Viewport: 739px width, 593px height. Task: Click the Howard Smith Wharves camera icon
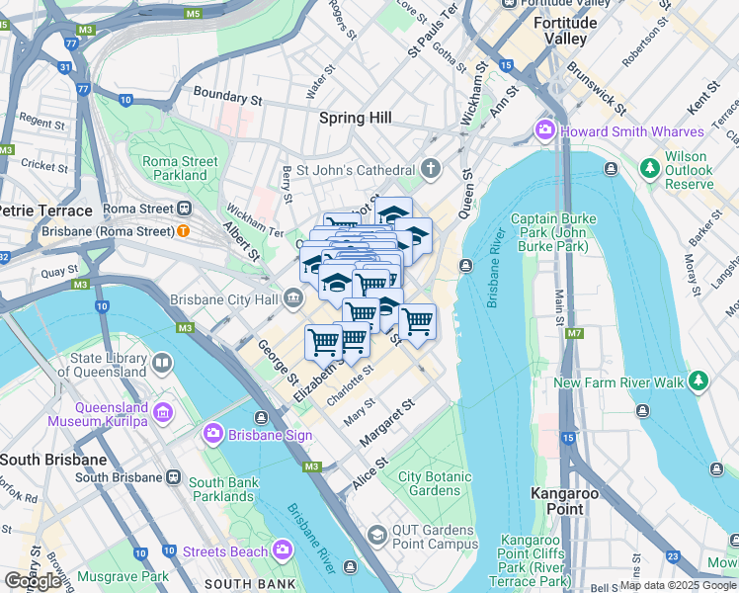click(x=544, y=130)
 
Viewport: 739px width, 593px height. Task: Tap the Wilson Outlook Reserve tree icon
click(x=649, y=169)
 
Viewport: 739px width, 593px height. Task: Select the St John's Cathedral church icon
click(x=429, y=170)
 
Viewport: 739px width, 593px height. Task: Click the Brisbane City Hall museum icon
click(x=293, y=297)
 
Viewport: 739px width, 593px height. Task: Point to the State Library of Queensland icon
click(x=161, y=365)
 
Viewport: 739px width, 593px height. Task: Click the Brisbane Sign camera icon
click(x=212, y=433)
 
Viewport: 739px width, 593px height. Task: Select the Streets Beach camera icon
click(x=283, y=550)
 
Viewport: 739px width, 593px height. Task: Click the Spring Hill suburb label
click(x=356, y=118)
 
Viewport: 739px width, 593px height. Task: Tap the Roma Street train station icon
click(x=184, y=209)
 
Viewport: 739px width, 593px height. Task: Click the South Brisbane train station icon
click(x=173, y=477)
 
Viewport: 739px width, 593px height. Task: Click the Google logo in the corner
click(x=33, y=580)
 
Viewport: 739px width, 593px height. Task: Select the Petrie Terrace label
click(x=44, y=211)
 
